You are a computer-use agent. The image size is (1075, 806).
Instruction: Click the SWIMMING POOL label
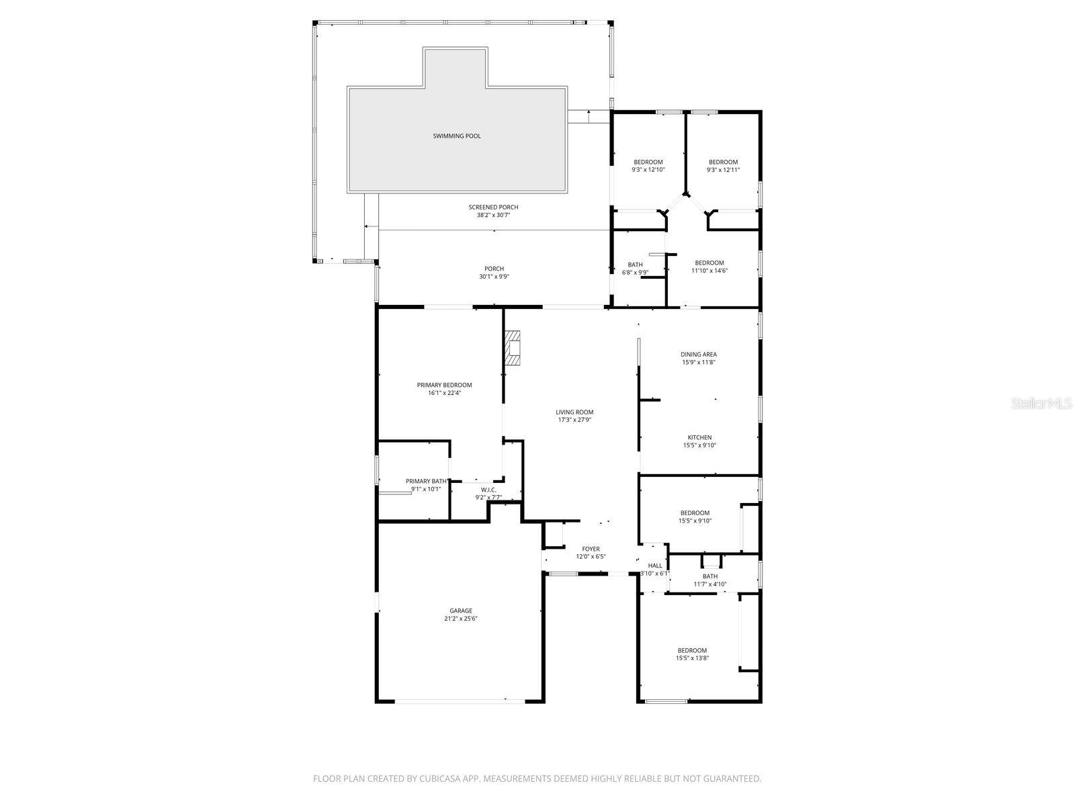tap(456, 136)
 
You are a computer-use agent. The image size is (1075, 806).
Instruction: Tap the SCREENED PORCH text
tap(493, 207)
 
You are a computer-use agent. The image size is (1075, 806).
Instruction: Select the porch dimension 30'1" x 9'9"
tap(494, 277)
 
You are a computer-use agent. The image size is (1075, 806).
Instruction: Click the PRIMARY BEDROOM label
tap(444, 385)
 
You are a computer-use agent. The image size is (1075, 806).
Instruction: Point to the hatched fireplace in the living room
tap(513, 348)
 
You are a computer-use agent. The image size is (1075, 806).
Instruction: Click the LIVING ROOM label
tap(574, 412)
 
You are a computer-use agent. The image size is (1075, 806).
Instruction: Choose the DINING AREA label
tap(699, 354)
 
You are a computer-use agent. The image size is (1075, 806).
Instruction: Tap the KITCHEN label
tap(699, 437)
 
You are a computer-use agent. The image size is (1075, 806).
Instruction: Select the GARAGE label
tap(461, 611)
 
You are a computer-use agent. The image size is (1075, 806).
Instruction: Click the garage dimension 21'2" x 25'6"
tap(461, 619)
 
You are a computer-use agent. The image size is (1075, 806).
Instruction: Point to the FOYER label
tap(591, 549)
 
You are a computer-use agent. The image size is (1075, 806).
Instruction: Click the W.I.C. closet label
tap(488, 489)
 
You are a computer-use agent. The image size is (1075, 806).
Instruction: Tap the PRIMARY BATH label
tap(427, 481)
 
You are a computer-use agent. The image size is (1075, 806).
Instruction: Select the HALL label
tap(655, 566)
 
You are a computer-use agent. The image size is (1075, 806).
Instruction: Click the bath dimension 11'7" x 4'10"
tap(710, 584)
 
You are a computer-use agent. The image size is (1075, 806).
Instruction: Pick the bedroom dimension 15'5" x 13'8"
tap(692, 658)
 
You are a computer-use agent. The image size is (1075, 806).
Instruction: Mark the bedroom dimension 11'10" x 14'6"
tap(709, 271)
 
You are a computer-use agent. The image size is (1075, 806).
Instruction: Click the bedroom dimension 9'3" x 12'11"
tap(723, 170)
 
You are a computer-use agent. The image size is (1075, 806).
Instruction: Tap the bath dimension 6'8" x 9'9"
tap(635, 272)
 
